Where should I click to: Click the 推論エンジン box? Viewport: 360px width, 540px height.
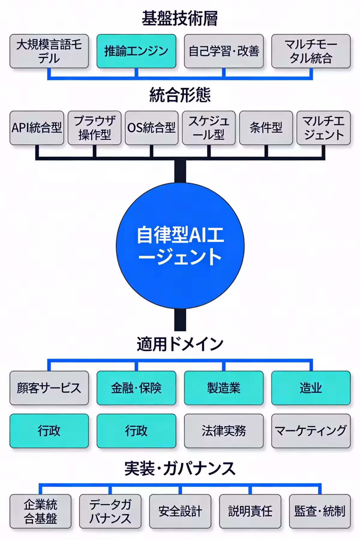click(136, 51)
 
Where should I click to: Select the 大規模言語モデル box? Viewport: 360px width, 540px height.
click(49, 51)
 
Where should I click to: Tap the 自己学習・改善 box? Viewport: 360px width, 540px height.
click(224, 51)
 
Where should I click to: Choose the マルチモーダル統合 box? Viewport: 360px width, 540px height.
click(311, 51)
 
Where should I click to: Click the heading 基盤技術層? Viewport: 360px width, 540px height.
click(180, 19)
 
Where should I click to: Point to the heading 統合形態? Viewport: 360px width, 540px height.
click(180, 95)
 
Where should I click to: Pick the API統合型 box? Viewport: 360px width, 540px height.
click(37, 128)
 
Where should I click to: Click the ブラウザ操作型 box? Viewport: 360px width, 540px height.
click(94, 128)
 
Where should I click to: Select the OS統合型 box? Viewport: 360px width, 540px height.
click(151, 128)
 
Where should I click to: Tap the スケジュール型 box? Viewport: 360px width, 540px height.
click(209, 128)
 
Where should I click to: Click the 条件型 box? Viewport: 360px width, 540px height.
click(266, 128)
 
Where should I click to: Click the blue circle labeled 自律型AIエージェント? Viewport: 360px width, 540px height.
click(180, 246)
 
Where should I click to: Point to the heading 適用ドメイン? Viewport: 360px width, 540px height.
click(180, 344)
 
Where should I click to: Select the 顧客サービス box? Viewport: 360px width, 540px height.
click(49, 388)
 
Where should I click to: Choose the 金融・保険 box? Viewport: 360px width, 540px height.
click(136, 388)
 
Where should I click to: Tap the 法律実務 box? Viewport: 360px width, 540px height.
click(224, 431)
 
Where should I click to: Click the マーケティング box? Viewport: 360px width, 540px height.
click(311, 431)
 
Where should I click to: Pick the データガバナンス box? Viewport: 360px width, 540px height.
click(110, 511)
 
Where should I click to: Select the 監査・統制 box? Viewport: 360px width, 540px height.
click(320, 511)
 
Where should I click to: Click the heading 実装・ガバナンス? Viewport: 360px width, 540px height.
click(180, 469)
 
